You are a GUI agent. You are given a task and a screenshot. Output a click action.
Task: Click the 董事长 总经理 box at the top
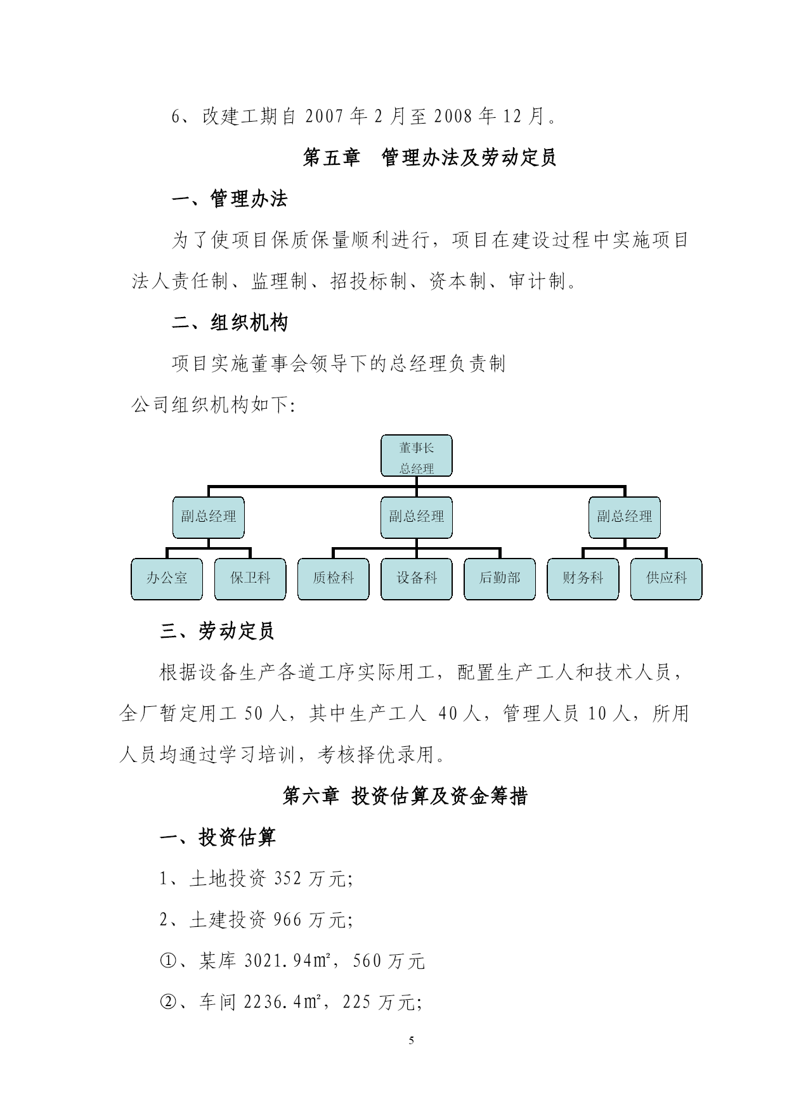tap(416, 455)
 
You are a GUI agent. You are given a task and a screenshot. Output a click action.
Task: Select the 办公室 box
tap(167, 579)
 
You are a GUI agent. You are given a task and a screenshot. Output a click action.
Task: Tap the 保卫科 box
tap(250, 579)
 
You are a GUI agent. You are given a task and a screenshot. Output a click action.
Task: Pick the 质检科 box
tap(333, 579)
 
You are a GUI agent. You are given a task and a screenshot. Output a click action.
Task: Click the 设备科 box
tap(416, 579)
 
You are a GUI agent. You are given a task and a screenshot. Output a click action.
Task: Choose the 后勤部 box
tap(500, 579)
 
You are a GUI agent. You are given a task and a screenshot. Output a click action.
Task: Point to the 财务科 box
tap(583, 579)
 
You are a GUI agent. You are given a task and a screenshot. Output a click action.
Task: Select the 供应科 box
tap(666, 579)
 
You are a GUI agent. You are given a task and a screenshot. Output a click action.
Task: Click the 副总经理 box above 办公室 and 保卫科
tap(209, 517)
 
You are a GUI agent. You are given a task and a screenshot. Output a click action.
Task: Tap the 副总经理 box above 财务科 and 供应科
tap(625, 517)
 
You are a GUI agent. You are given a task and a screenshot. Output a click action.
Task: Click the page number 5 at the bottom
tap(412, 1040)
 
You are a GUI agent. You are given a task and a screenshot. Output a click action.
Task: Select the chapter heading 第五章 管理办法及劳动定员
tap(429, 157)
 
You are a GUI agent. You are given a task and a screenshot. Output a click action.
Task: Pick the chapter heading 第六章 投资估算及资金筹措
tap(405, 796)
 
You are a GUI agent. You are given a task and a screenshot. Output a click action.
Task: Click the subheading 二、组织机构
tap(230, 323)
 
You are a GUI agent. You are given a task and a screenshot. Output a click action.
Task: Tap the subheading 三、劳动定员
tap(217, 631)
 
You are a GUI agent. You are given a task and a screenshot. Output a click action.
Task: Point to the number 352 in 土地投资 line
tap(288, 879)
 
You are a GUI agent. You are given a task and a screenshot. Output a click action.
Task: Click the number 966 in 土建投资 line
tap(288, 920)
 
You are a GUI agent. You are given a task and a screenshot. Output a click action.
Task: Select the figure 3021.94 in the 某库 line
tap(278, 961)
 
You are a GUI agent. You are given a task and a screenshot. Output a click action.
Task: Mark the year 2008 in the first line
tap(453, 116)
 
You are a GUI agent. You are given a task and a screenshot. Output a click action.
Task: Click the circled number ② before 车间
tap(168, 1002)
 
